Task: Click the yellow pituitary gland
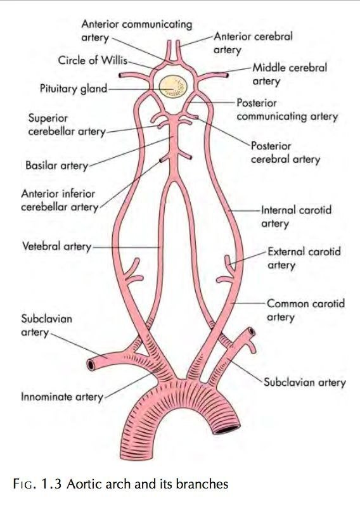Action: pyautogui.click(x=173, y=86)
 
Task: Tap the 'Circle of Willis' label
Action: pyautogui.click(x=93, y=60)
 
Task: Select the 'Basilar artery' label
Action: pyautogui.click(x=56, y=165)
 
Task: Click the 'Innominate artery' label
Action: pyautogui.click(x=62, y=397)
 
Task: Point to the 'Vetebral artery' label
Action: pyautogui.click(x=56, y=246)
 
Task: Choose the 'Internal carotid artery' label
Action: pyautogui.click(x=296, y=217)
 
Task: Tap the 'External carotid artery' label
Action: pyautogui.click(x=304, y=258)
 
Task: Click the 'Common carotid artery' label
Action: pyautogui.click(x=306, y=310)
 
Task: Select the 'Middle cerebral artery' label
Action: pyautogui.click(x=290, y=74)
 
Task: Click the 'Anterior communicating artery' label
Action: pyautogui.click(x=137, y=31)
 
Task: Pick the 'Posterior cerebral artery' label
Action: pyautogui.click(x=286, y=153)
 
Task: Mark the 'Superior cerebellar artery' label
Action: pyautogui.click(x=67, y=125)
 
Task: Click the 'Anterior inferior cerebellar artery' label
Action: pyautogui.click(x=60, y=200)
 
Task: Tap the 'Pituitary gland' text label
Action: pyautogui.click(x=74, y=89)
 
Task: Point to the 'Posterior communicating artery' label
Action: pyautogui.click(x=287, y=110)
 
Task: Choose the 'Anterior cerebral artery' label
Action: pyautogui.click(x=254, y=43)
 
